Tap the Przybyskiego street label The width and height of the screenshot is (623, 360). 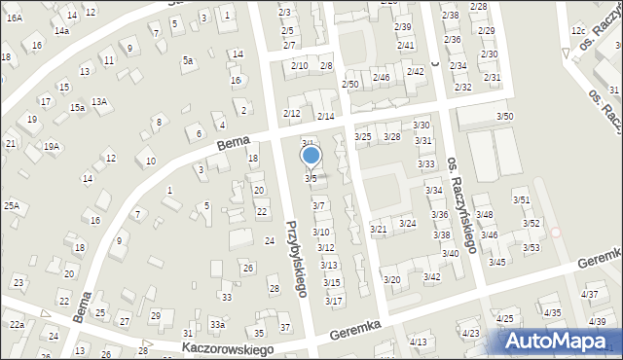(297, 257)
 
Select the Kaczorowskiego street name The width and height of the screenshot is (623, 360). (223, 347)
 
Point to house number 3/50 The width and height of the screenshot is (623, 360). (504, 117)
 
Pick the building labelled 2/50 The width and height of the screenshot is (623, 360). (349, 85)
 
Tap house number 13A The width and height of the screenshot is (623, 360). (98, 101)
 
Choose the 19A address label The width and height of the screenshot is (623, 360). (51, 147)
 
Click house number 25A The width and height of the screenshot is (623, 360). (11, 205)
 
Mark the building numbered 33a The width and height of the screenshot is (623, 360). (218, 324)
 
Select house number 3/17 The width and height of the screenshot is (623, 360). (334, 301)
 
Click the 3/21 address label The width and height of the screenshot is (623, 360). (379, 229)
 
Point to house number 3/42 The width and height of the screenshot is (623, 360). (431, 277)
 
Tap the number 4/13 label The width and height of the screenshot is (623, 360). (418, 342)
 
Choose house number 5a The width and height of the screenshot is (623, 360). (187, 60)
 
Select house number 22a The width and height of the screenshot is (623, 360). (17, 324)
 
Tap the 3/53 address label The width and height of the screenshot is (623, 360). (531, 247)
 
